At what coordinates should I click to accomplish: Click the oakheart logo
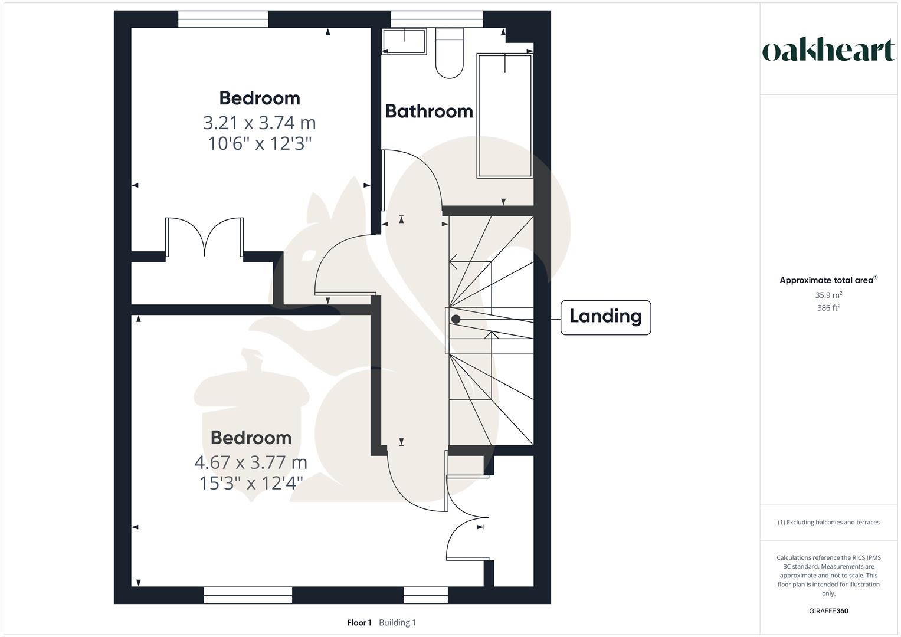pos(828,51)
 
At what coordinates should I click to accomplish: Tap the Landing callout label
pos(605,317)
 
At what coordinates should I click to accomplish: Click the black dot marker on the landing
pos(456,319)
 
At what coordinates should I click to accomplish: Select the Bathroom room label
pos(429,111)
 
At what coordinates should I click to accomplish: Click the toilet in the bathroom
pos(450,54)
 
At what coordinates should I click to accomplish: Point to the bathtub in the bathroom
pos(504,116)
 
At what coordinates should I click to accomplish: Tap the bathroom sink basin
pos(404,42)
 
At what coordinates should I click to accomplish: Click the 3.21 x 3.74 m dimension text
pos(260,123)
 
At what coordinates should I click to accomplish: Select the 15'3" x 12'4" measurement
pos(251,483)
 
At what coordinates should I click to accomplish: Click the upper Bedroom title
pos(260,98)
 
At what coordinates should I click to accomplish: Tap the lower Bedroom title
pos(251,438)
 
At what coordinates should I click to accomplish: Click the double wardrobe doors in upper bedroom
pos(205,237)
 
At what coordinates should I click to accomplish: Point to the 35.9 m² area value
pos(828,295)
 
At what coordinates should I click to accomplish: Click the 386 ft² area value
pos(828,308)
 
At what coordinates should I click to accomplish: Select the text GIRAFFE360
pos(828,611)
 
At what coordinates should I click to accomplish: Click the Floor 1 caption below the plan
pos(359,623)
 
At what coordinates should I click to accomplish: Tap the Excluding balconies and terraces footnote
pos(828,522)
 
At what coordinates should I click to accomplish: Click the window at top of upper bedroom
pos(223,19)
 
